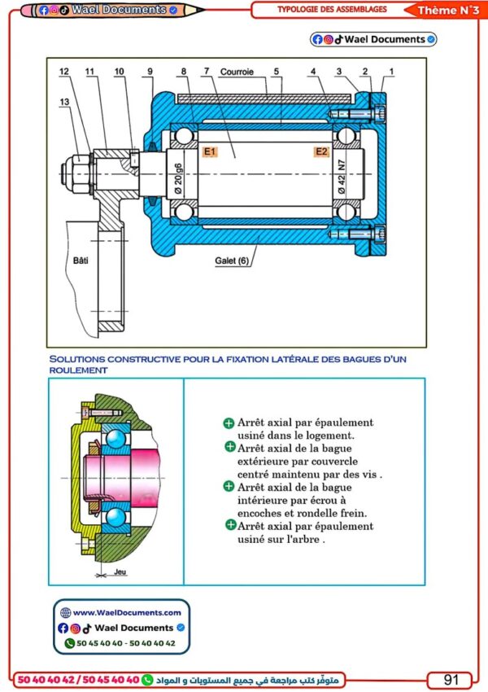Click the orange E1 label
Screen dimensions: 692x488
210,151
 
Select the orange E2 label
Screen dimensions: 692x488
321,151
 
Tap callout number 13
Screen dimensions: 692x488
63,101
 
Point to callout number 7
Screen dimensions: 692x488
207,72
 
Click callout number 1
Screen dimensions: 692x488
391,72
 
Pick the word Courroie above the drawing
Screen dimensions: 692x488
242,72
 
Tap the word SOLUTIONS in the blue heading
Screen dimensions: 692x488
76,359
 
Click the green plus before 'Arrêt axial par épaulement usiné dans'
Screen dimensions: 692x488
229,423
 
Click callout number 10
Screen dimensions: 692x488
119,72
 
